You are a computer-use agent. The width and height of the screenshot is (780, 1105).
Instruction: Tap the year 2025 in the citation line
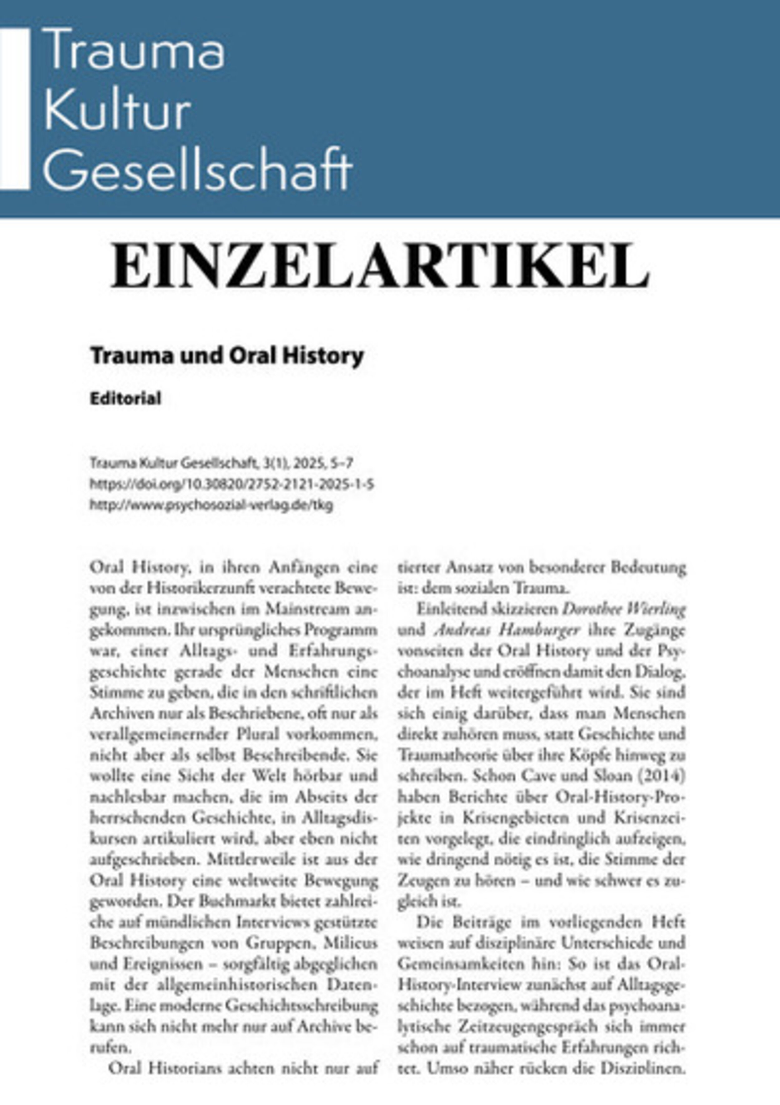[304, 463]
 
